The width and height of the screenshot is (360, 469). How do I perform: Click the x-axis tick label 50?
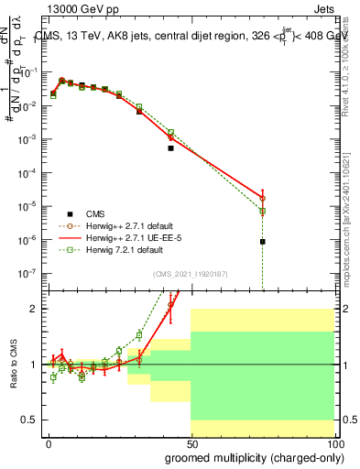(191, 442)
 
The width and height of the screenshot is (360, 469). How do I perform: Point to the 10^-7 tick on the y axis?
(29, 273)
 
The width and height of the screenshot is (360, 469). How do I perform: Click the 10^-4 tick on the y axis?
(29, 172)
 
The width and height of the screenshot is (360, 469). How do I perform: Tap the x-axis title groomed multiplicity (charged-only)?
(249, 456)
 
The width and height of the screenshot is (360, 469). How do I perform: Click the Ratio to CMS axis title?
(13, 364)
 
